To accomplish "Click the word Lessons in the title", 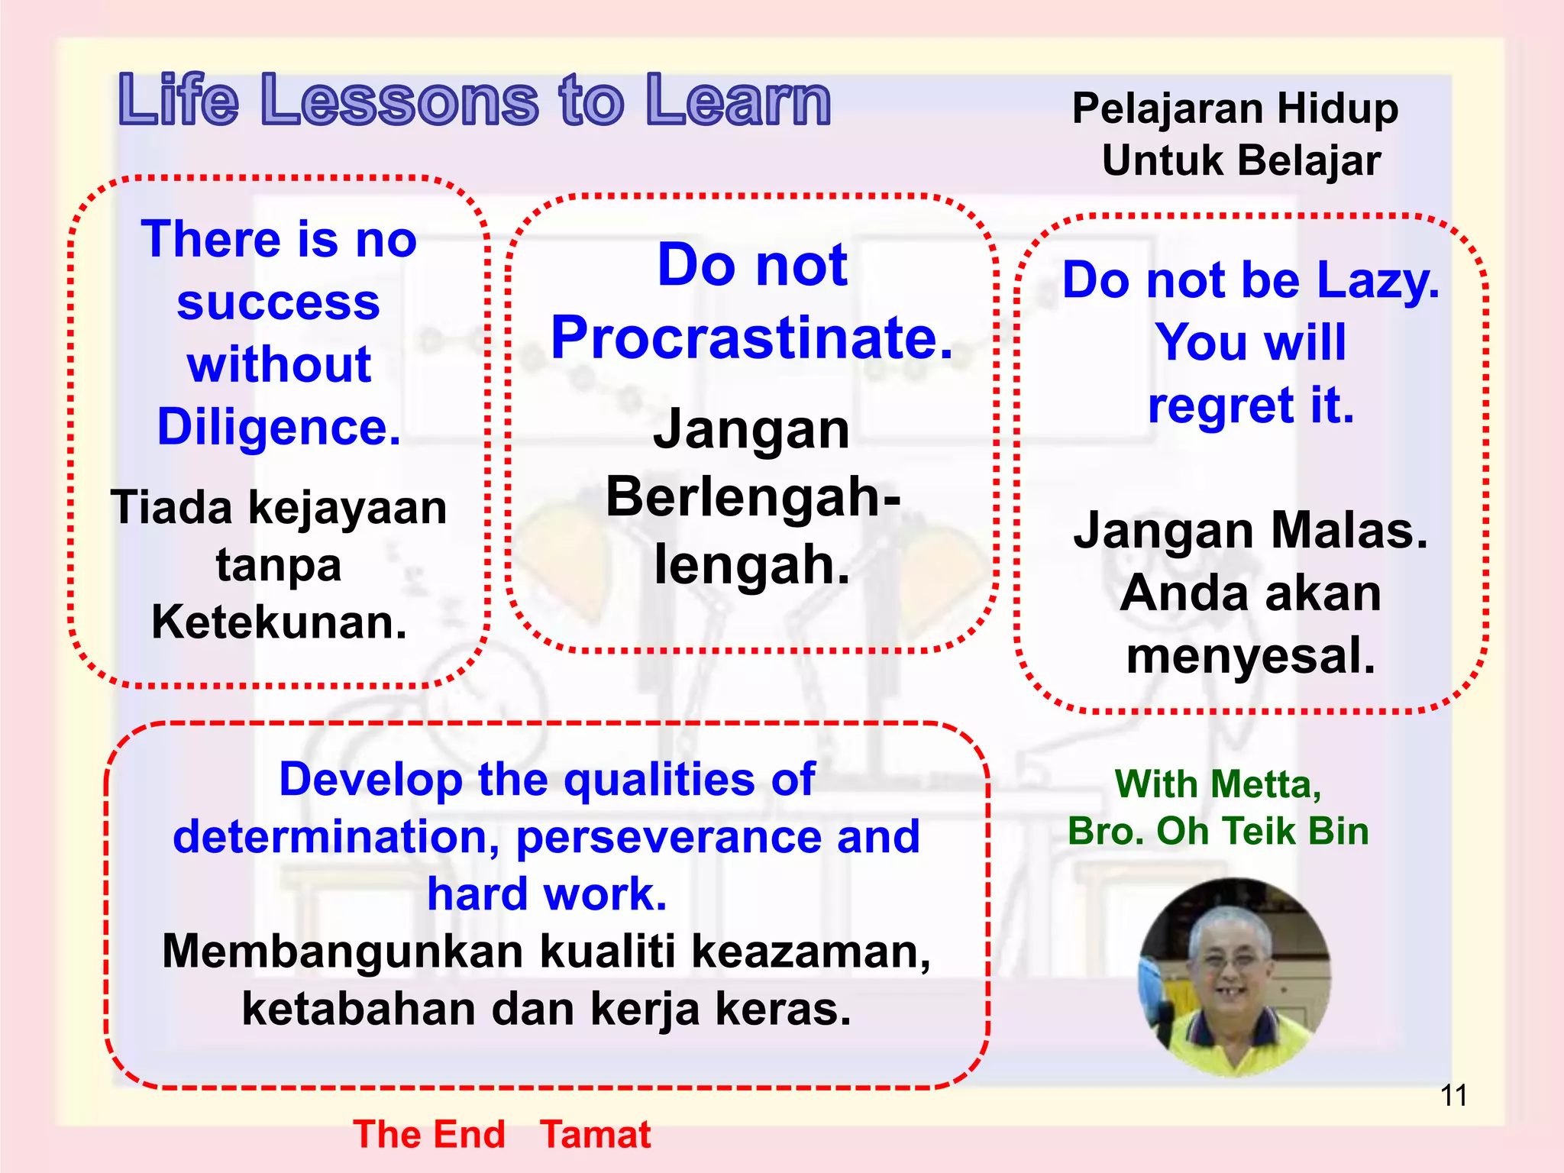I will pos(399,101).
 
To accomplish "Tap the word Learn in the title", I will pos(738,101).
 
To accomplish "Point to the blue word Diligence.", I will pos(279,427).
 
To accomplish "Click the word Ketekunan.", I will pos(279,622).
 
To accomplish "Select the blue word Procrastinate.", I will pos(752,338).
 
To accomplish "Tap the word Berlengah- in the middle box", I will pos(752,497).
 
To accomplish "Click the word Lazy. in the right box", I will pos(1378,280).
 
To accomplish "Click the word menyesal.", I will pos(1250,656).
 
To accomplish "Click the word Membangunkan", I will pos(343,952).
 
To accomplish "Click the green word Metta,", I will pos(1265,785).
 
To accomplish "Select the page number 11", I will pos(1453,1096).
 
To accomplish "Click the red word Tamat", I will pos(595,1134).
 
